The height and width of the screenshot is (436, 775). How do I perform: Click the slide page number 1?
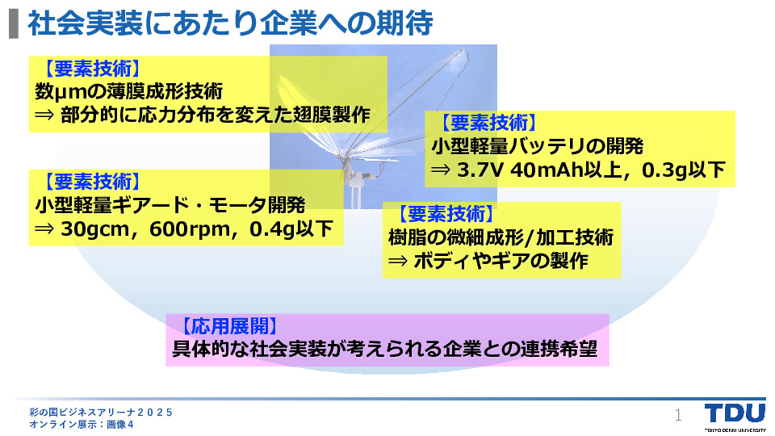(678, 415)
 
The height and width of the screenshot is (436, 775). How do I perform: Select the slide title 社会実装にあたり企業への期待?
(230, 23)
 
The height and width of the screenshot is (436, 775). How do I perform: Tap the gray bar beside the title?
(14, 24)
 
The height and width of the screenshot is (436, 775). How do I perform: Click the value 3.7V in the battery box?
(480, 170)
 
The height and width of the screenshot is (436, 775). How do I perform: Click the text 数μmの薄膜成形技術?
(129, 91)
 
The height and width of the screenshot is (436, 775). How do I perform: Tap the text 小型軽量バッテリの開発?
(538, 146)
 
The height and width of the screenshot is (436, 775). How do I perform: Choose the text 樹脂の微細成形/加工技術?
(501, 237)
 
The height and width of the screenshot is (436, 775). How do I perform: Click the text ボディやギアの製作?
(501, 261)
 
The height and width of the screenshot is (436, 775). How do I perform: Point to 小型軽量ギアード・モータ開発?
(170, 205)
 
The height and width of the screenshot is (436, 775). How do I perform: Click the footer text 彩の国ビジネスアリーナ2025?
(101, 413)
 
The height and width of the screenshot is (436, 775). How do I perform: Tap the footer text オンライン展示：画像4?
(82, 424)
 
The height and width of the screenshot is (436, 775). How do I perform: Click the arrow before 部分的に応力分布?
(44, 115)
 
